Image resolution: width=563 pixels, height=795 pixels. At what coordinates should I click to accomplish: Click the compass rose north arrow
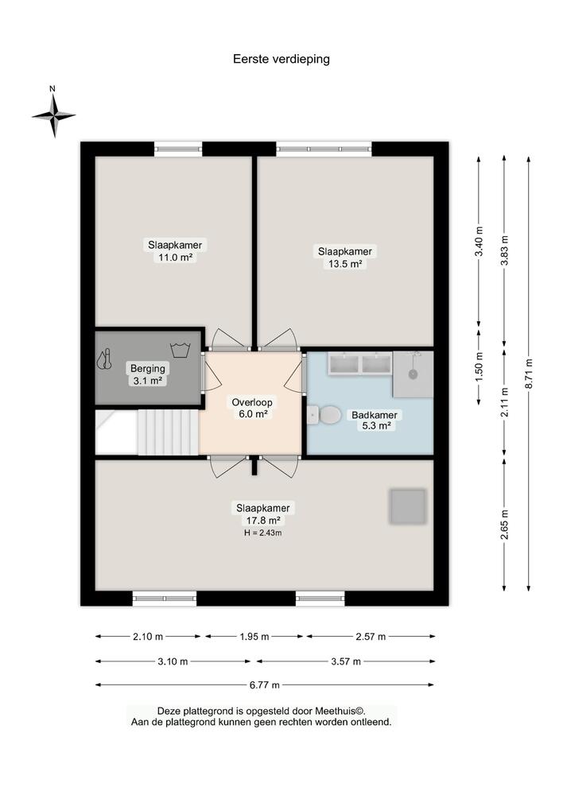point(54,114)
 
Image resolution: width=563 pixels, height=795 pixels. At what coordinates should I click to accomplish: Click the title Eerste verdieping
point(281,59)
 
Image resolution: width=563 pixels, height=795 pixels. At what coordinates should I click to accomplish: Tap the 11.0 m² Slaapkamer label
point(174,250)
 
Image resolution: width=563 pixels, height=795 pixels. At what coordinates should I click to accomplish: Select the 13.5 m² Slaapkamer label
point(345,257)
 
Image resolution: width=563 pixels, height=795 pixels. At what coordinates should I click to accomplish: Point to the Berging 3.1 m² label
point(147,374)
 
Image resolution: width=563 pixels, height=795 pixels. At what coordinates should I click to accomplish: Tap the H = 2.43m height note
point(262,533)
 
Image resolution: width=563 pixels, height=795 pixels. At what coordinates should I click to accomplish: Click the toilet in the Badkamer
point(325,414)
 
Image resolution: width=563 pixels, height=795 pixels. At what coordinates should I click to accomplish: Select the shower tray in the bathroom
point(413,374)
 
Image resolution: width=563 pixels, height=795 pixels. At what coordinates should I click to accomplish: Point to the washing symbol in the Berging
point(178,349)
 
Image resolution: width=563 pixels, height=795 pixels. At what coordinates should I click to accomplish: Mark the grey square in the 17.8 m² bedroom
point(407,506)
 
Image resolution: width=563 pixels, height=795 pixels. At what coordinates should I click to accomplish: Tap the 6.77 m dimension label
point(264,684)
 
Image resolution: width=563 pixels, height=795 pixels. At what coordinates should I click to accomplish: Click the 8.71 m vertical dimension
point(529,374)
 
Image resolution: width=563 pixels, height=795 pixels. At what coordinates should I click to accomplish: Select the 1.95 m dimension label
point(254,637)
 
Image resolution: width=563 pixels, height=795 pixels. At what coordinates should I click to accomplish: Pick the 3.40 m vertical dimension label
point(479,241)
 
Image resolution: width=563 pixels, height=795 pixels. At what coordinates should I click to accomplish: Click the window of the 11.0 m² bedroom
point(178,149)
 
